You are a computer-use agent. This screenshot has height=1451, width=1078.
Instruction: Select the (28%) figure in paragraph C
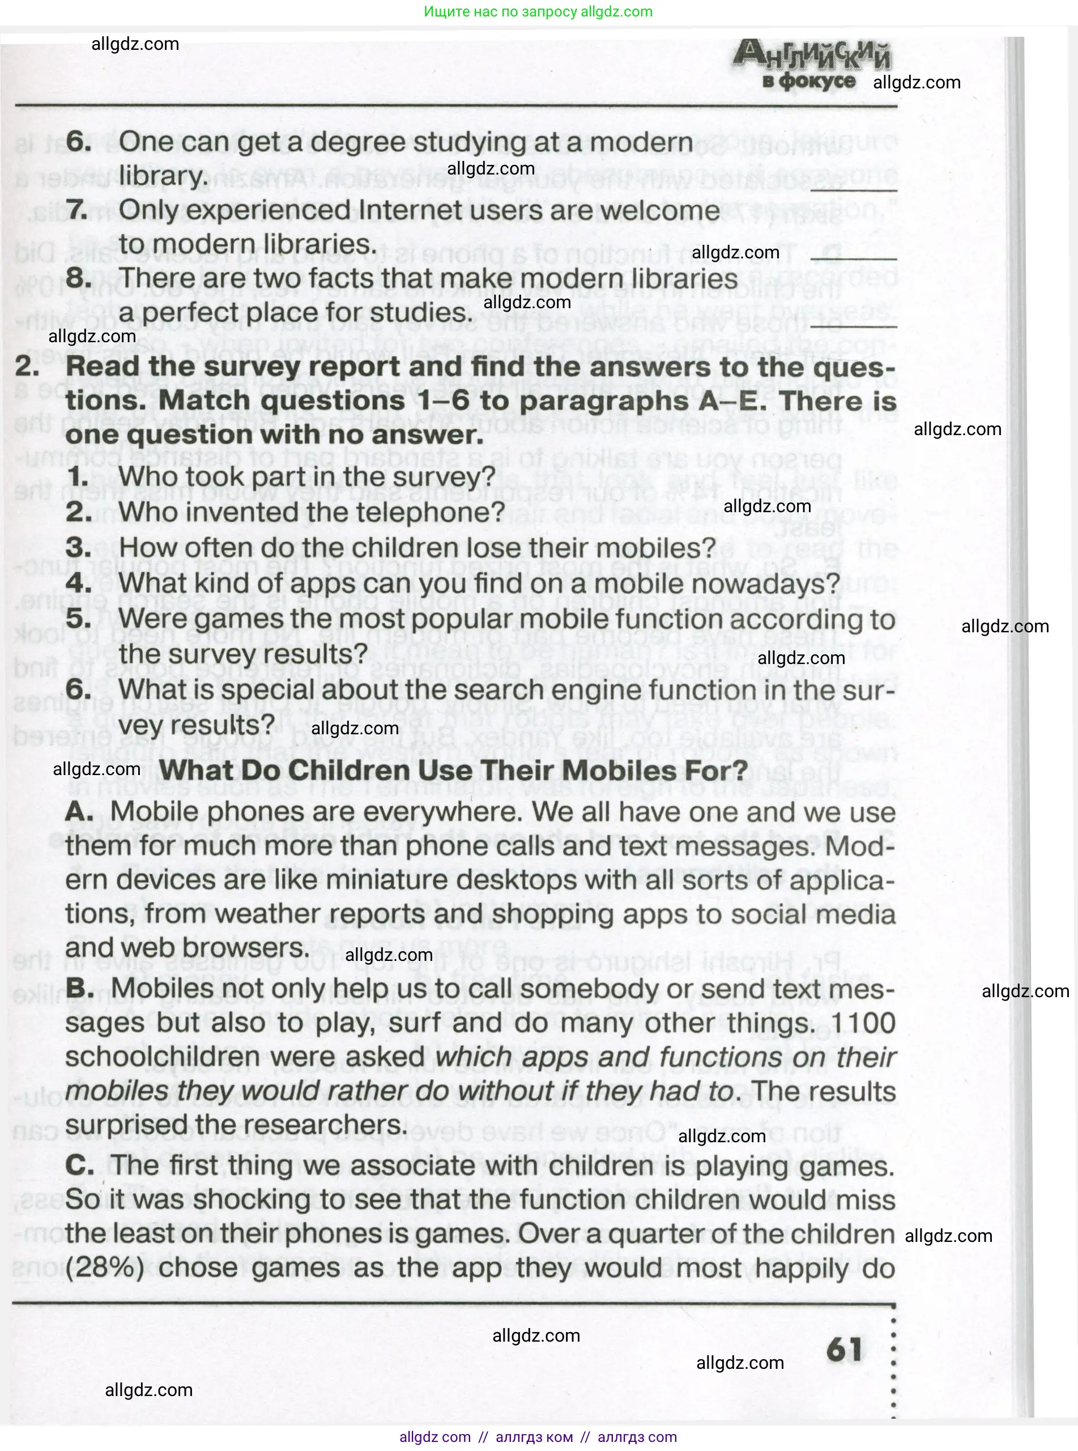point(106,1267)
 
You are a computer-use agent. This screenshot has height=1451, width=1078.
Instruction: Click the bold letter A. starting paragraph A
point(80,812)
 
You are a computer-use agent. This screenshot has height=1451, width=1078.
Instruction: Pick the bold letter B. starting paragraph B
point(80,988)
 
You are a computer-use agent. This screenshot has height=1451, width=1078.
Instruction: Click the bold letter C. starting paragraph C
point(80,1167)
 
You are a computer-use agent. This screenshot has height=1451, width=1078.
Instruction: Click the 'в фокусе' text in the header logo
point(808,82)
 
